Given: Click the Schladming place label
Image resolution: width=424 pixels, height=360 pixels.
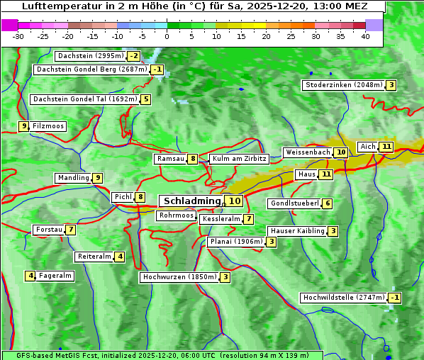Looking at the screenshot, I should pos(192,201).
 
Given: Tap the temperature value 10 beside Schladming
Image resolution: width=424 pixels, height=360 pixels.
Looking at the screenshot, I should pos(235,201).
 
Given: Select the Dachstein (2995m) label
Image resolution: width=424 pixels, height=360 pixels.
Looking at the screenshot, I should pos(90,56).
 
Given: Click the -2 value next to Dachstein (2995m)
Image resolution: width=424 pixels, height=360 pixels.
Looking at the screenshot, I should pos(133,56).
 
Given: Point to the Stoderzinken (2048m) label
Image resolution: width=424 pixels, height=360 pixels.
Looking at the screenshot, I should pos(344,85).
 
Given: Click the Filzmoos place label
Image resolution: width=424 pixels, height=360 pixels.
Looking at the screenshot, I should pos(48,126).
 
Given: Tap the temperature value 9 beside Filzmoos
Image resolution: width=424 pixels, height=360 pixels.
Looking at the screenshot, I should pos(24,126).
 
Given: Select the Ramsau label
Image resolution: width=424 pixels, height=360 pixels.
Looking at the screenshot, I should pos(170,159).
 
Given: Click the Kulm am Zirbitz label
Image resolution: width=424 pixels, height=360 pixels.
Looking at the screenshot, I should pos(239,159).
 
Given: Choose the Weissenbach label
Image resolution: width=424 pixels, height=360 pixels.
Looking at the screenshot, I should pos(307,152).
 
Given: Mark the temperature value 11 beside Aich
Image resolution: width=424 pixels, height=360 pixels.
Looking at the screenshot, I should pos(386,147).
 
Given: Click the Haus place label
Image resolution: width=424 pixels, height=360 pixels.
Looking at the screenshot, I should pos(306,174).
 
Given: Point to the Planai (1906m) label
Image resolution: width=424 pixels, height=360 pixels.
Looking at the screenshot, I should pos(236,242).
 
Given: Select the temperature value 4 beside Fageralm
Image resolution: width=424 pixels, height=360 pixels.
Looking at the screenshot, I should pos(30,276).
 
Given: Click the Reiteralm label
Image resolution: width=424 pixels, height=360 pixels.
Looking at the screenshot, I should pos(94,257).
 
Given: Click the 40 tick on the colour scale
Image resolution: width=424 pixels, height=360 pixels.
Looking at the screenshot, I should pos(365,36).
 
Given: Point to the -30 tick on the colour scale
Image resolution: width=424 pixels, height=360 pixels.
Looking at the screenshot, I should pos(18,36).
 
